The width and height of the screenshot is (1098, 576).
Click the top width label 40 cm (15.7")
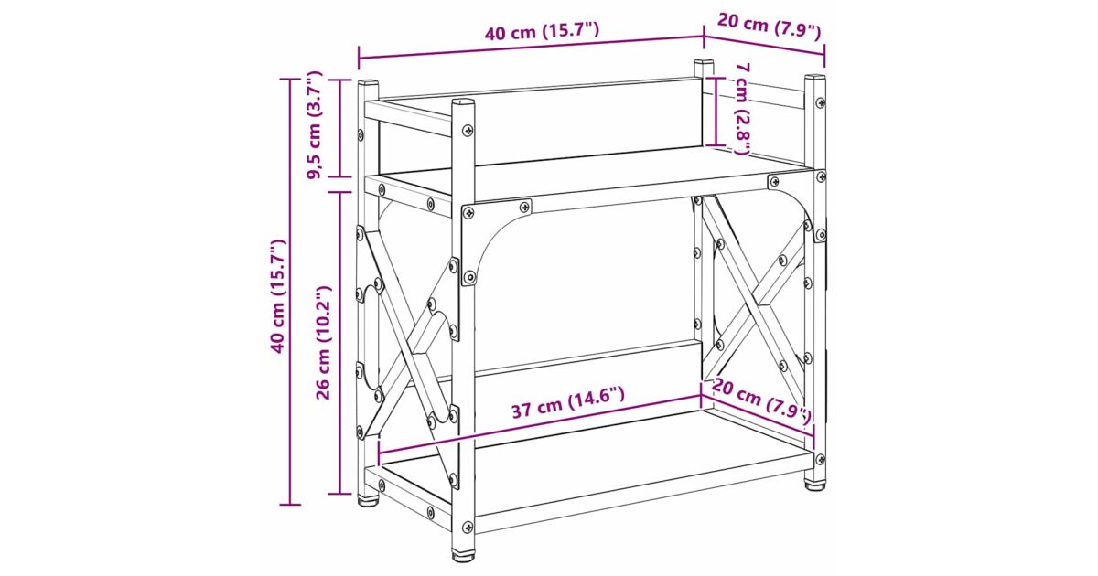542,33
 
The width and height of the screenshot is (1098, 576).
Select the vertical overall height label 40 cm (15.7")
278,296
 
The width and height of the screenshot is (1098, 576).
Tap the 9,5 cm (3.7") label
315,125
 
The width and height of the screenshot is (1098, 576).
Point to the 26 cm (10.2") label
324,343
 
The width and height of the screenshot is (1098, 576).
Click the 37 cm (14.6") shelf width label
568,403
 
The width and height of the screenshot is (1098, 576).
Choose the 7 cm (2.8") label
743,109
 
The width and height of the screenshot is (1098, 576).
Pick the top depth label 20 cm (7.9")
770,27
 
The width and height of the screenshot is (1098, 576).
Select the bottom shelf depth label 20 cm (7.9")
762,400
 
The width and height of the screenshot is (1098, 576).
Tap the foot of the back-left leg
368,501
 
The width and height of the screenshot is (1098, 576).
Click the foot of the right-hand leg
815,485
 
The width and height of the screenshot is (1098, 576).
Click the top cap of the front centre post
463,102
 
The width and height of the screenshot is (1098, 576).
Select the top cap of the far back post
704,63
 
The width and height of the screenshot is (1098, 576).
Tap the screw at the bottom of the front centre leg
468,527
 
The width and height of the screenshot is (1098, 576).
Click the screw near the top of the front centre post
468,130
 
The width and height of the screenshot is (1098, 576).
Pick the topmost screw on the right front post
820,102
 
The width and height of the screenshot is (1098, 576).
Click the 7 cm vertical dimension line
716,112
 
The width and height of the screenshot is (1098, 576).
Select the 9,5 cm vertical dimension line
341,128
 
